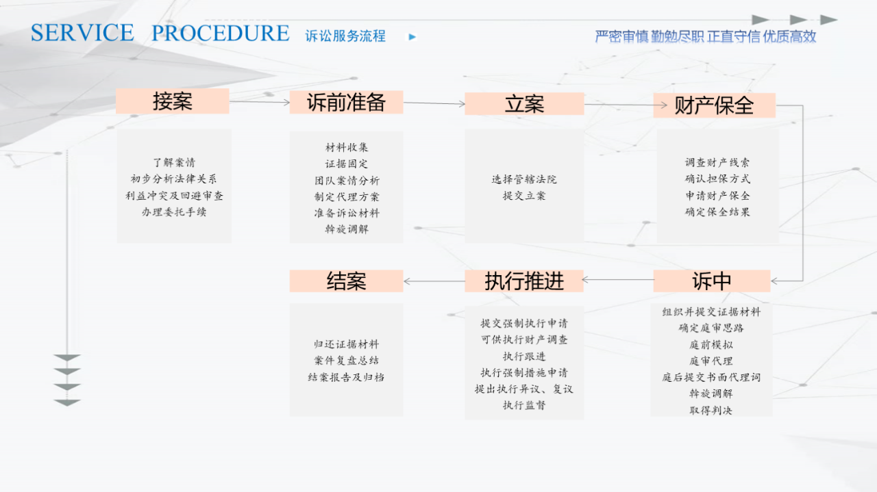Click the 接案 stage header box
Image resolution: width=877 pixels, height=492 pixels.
pyautogui.click(x=172, y=101)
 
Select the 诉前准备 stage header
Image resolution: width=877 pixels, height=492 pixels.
pyautogui.click(x=346, y=103)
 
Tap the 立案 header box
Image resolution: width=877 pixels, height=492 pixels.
pyautogui.click(x=524, y=104)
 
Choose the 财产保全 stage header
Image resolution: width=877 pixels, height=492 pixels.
pyautogui.click(x=714, y=105)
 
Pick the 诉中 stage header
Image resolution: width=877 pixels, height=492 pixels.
pyautogui.click(x=712, y=281)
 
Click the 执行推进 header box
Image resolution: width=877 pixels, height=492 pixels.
pyautogui.click(x=524, y=281)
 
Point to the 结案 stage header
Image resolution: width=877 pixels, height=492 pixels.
pyautogui.click(x=346, y=281)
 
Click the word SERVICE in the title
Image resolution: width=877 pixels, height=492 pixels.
pyautogui.click(x=82, y=32)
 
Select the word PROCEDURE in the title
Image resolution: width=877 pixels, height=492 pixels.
pyautogui.click(x=221, y=33)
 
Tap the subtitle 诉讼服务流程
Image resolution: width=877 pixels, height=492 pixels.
pyautogui.click(x=345, y=36)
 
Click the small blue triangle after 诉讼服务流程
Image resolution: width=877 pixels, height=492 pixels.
pyautogui.click(x=412, y=37)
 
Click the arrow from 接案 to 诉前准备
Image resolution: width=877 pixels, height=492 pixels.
pyautogui.click(x=260, y=102)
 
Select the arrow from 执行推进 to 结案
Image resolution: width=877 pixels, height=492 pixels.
pyautogui.click(x=434, y=281)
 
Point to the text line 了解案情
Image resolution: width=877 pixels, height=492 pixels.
pyautogui.click(x=174, y=162)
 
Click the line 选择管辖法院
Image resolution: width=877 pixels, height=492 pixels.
pyautogui.click(x=524, y=179)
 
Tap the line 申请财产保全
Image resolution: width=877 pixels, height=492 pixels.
pyautogui.click(x=717, y=196)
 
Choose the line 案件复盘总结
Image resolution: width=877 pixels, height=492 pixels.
pyautogui.click(x=346, y=360)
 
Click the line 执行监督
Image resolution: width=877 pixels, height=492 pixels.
pyautogui.click(x=524, y=405)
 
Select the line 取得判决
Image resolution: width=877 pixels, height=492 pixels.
pyautogui.click(x=711, y=411)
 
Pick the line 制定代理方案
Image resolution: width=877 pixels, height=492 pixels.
pyautogui.click(x=347, y=196)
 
